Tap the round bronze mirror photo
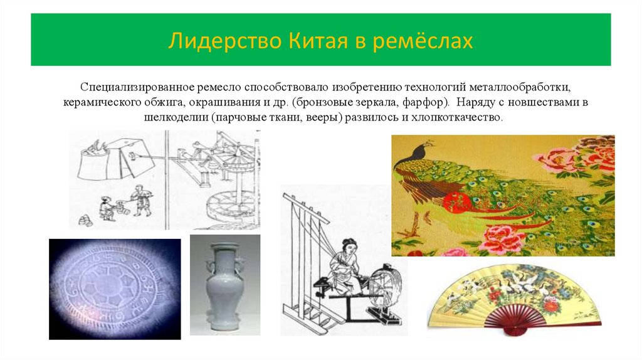pos(114,289)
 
